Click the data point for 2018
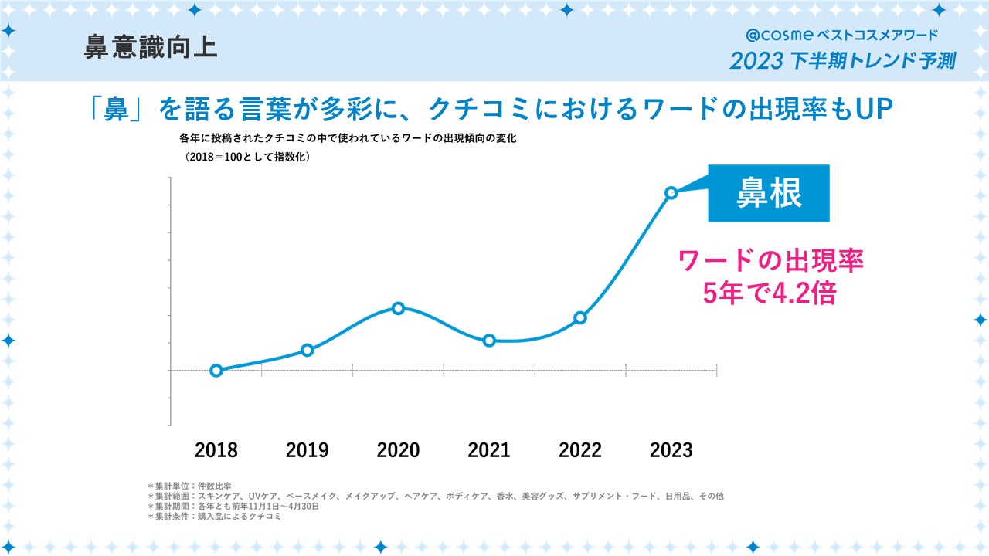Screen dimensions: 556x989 pyautogui.click(x=216, y=371)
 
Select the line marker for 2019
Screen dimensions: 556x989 pyautogui.click(x=307, y=350)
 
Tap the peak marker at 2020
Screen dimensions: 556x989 pyautogui.click(x=398, y=308)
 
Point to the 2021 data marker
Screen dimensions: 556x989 pyautogui.click(x=489, y=341)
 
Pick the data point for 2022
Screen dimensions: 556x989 pyautogui.click(x=580, y=317)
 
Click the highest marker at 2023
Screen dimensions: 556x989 pyautogui.click(x=671, y=192)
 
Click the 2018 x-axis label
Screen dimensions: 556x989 pyautogui.click(x=216, y=450)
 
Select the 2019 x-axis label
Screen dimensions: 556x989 pyautogui.click(x=307, y=450)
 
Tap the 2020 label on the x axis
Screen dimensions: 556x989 pyautogui.click(x=398, y=450)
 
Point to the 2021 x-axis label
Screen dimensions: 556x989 pyautogui.click(x=489, y=450)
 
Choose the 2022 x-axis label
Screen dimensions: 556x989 pyautogui.click(x=580, y=450)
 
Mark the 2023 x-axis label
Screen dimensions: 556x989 pyautogui.click(x=671, y=450)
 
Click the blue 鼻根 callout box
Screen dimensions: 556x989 pyautogui.click(x=769, y=194)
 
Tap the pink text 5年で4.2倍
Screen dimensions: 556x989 pyautogui.click(x=770, y=293)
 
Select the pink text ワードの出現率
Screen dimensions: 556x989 pyautogui.click(x=770, y=260)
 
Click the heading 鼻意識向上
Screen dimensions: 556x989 pyautogui.click(x=150, y=47)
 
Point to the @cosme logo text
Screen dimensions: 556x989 pyautogui.click(x=780, y=35)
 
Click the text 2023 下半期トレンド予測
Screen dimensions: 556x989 pyautogui.click(x=842, y=61)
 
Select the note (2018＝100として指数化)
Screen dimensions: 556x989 pyautogui.click(x=246, y=157)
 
